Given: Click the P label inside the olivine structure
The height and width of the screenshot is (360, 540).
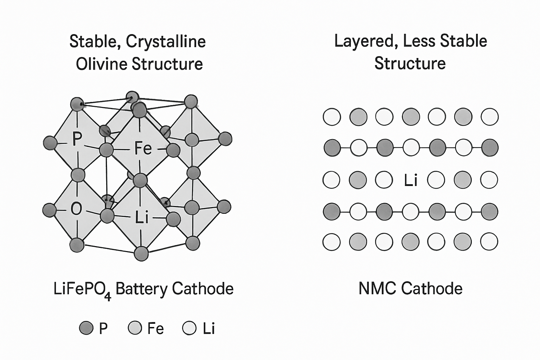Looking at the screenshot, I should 77,139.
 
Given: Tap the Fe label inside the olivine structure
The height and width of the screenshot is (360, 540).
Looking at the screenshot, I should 143,148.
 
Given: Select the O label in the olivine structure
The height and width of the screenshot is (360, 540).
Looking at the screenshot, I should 76,208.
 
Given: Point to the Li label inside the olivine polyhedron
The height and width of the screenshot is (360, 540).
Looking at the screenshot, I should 142,218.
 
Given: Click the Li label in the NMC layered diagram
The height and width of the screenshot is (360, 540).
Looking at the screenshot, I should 411,180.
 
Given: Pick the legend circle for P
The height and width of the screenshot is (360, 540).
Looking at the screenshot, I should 86,328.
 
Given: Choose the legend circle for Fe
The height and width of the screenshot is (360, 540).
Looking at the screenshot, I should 135,328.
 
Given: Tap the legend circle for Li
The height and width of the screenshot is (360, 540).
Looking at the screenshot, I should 189,328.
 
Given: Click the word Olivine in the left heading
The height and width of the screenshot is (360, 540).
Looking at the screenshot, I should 102,64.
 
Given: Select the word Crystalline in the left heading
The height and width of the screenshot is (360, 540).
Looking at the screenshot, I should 166,41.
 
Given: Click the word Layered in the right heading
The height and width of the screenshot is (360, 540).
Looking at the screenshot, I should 366,41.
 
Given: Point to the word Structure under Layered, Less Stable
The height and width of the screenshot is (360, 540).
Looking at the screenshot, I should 410,63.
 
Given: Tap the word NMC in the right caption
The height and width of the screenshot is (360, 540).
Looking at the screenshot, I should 378,289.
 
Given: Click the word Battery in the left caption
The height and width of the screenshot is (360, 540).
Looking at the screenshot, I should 141,289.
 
